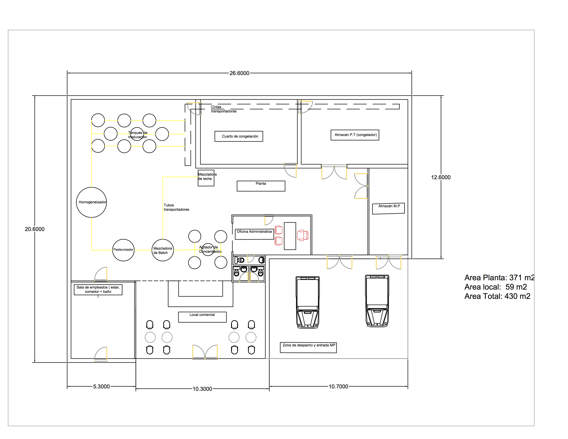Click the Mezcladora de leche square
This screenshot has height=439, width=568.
198,182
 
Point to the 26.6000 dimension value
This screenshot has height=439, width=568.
239,73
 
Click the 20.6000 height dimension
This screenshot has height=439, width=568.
35,229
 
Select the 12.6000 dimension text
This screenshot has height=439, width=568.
441,177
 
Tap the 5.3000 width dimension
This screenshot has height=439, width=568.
101,386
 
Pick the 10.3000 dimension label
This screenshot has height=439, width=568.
202,389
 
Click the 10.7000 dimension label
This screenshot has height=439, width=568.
338,386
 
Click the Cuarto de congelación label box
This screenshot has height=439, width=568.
239,131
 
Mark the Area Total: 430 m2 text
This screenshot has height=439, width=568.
497,296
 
